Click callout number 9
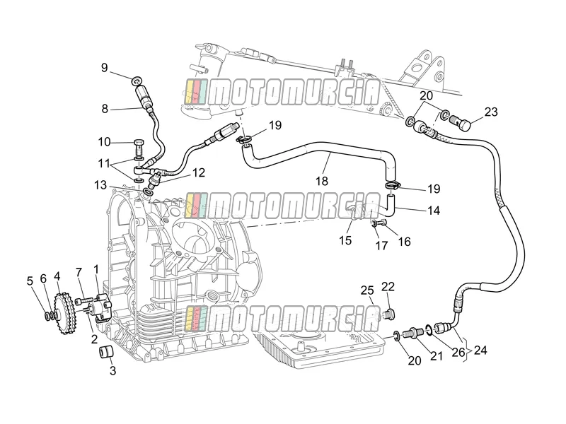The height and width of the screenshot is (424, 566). point(104,68)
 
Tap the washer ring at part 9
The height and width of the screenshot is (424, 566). point(137,81)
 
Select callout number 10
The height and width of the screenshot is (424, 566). point(104,142)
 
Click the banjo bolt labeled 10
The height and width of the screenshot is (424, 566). point(139,146)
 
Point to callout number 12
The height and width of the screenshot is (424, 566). point(199,172)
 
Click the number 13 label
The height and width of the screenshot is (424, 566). point(100,185)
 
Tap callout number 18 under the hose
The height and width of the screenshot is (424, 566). point(322,181)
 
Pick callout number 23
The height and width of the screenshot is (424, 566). point(491,112)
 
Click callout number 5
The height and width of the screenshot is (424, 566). point(30,281)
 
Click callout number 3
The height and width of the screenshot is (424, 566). point(112,370)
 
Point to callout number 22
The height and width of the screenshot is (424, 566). point(388,287)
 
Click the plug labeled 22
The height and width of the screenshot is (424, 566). point(389,313)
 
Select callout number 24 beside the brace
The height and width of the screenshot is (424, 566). point(480,350)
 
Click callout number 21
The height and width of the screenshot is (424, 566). point(437,356)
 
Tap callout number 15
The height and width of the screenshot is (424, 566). point(345,240)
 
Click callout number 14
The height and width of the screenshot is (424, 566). point(434,210)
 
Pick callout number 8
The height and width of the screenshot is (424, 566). point(105,109)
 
